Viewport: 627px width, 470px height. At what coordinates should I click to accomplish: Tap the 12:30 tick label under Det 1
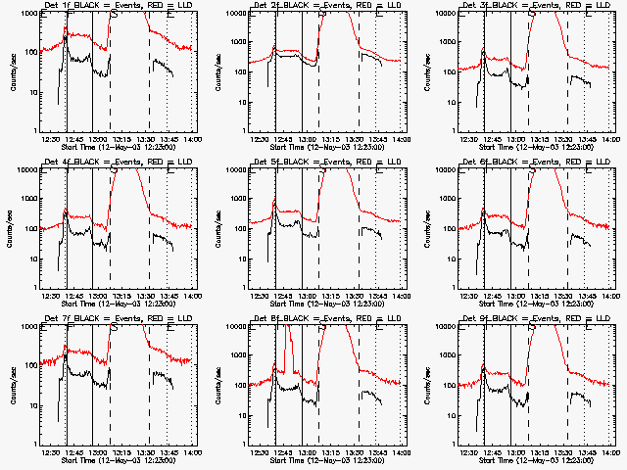click(51, 139)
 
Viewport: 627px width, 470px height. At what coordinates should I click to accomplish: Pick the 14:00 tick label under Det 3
click(610, 139)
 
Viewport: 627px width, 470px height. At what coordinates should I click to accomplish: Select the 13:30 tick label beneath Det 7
click(145, 452)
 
